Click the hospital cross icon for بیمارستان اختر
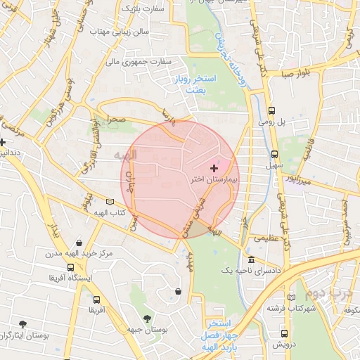(214, 169)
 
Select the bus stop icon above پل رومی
(272, 110)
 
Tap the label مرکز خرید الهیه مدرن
(76, 252)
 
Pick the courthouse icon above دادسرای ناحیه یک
(251, 260)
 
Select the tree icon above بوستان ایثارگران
(23, 324)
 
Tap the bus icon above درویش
(284, 334)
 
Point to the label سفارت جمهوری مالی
(139, 62)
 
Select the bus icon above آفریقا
(95, 297)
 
